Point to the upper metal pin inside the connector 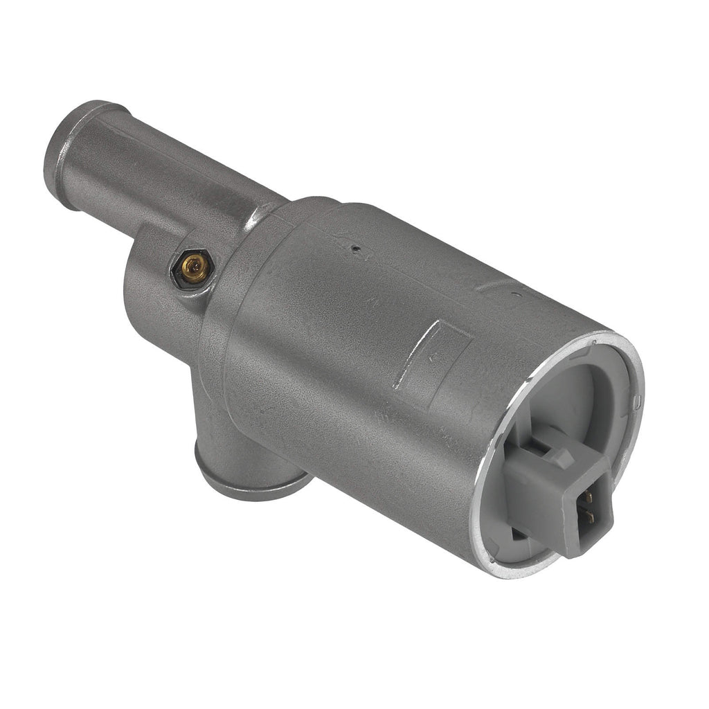(587, 497)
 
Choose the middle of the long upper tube (159, 166)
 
